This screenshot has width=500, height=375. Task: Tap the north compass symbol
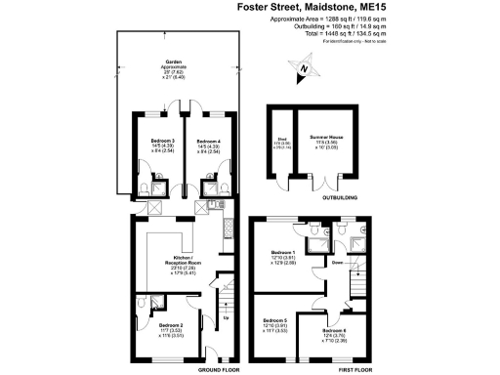coord(304,69)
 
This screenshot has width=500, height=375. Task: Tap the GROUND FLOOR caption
coord(218,371)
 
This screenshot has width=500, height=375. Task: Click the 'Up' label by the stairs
coord(228,317)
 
